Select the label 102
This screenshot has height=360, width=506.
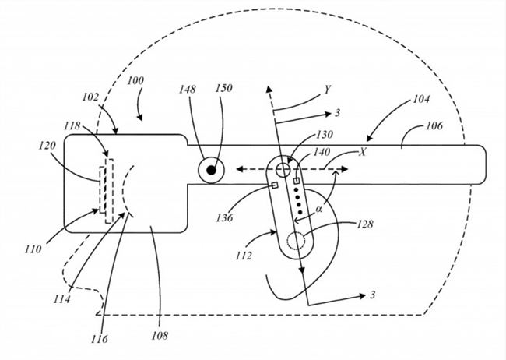pyautogui.click(x=91, y=99)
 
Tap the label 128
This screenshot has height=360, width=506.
pyautogui.click(x=365, y=224)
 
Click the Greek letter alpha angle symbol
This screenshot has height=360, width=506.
pyautogui.click(x=320, y=209)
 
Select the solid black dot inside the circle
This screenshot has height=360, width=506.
pyautogui.click(x=211, y=169)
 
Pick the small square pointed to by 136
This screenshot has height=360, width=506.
pyautogui.click(x=275, y=185)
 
